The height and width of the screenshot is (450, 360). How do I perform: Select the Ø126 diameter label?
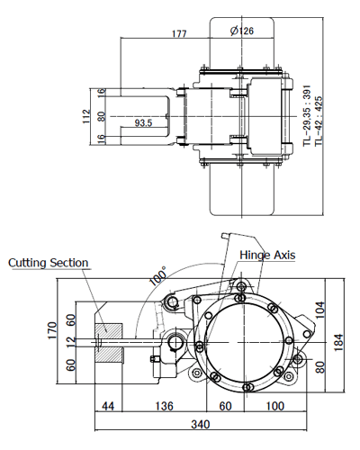[241, 31]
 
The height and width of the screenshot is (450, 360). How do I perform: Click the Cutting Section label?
[49, 263]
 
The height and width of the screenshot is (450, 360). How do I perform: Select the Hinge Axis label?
[267, 255]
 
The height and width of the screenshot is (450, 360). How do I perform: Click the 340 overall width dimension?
[202, 423]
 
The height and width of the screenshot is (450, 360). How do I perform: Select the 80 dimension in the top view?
[102, 115]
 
